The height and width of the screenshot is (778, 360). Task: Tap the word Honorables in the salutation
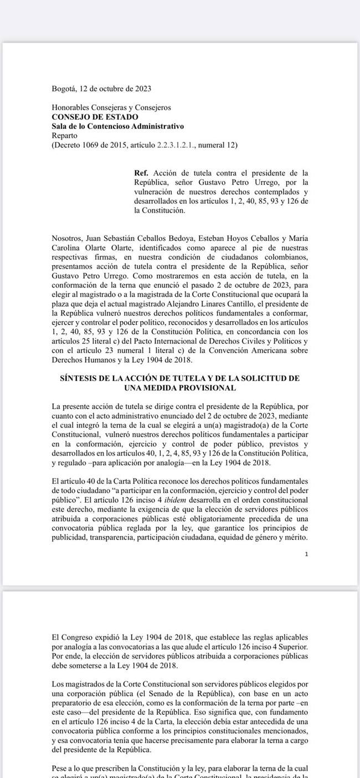(70, 107)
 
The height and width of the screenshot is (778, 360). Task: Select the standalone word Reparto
(64, 136)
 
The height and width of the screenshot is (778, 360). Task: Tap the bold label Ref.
(141, 173)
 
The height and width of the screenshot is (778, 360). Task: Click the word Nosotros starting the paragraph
(67, 238)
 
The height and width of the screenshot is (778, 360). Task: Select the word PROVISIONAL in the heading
(208, 388)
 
